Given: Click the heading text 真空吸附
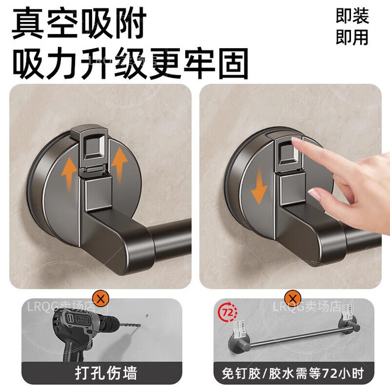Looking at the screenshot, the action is pos(79,23).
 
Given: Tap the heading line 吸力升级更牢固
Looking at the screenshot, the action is pos(130,63).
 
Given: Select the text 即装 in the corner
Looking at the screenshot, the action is pos(352,16).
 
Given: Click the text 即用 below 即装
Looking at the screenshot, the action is pos(352,37).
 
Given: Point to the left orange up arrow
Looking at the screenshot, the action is pos(69,175).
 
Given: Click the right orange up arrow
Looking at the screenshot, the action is pos(119,163).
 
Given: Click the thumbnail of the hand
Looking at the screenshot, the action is pos(314,194).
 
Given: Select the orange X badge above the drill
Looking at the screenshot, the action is pos(101,299).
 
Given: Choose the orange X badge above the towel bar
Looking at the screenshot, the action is pos(292,298).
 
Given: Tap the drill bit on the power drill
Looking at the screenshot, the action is pos(130,325).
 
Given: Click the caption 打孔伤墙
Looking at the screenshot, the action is pos(106,373).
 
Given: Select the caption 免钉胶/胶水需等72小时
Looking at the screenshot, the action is pos(293,374).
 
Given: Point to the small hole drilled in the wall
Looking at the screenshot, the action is pos(147,316).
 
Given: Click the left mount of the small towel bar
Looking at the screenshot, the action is pos(239,342).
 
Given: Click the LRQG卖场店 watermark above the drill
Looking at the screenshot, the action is pos(61,307).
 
